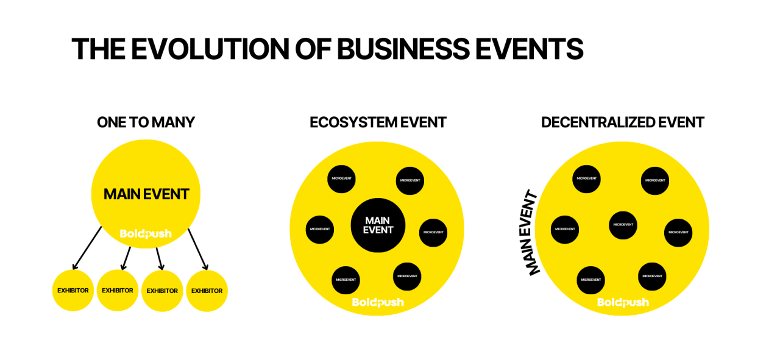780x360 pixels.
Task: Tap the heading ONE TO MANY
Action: [146, 122]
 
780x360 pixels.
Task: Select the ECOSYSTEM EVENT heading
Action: [378, 122]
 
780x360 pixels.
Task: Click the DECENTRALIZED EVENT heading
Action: [623, 122]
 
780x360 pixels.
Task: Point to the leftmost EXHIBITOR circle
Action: [73, 291]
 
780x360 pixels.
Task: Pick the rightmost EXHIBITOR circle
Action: [207, 291]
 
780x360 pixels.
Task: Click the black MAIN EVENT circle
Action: [378, 225]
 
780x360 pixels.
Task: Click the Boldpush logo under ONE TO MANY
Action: [146, 234]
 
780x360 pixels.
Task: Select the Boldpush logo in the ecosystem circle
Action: [378, 302]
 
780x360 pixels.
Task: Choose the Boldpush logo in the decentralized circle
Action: [623, 302]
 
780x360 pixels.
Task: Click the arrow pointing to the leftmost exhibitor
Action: [87, 248]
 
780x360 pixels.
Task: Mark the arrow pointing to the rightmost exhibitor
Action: [197, 249]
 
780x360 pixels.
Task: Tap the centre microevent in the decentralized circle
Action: [623, 225]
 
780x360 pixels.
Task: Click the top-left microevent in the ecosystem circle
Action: [341, 179]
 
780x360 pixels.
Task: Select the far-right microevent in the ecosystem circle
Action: [433, 232]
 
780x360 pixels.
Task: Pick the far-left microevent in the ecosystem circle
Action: [320, 229]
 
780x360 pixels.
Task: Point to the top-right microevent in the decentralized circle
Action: [655, 180]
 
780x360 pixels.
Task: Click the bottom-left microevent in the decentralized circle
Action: [590, 280]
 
